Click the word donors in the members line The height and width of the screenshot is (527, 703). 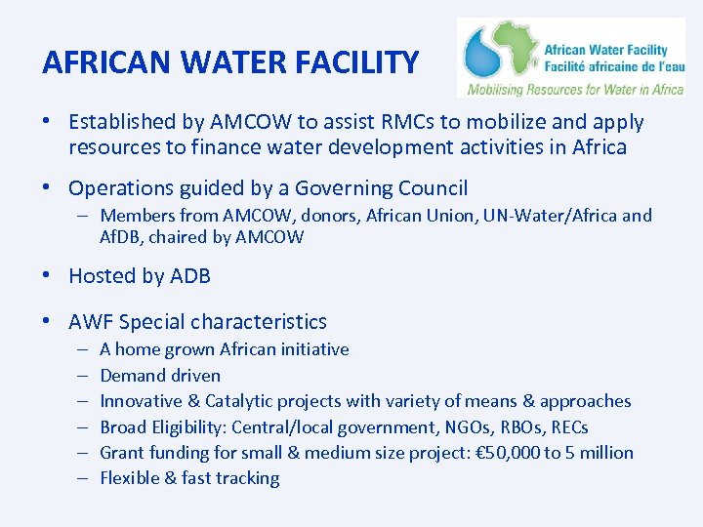point(328,216)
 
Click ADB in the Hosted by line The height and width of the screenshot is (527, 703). point(190,276)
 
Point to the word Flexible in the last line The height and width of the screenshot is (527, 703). point(133,478)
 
